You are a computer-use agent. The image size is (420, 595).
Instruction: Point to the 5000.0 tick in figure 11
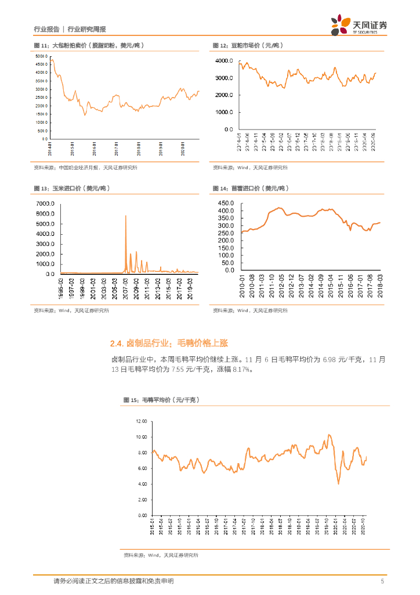(x=41, y=56)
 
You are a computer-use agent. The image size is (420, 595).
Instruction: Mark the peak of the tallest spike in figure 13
(x=126, y=216)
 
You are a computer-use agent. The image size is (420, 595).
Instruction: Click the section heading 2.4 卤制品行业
(x=169, y=344)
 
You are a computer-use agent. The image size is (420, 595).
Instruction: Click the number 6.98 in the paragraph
(x=330, y=360)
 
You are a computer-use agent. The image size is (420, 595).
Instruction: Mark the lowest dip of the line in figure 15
(x=338, y=483)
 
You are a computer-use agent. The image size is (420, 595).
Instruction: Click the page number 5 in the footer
(x=382, y=581)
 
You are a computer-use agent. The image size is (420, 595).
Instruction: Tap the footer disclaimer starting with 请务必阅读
(x=113, y=581)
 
